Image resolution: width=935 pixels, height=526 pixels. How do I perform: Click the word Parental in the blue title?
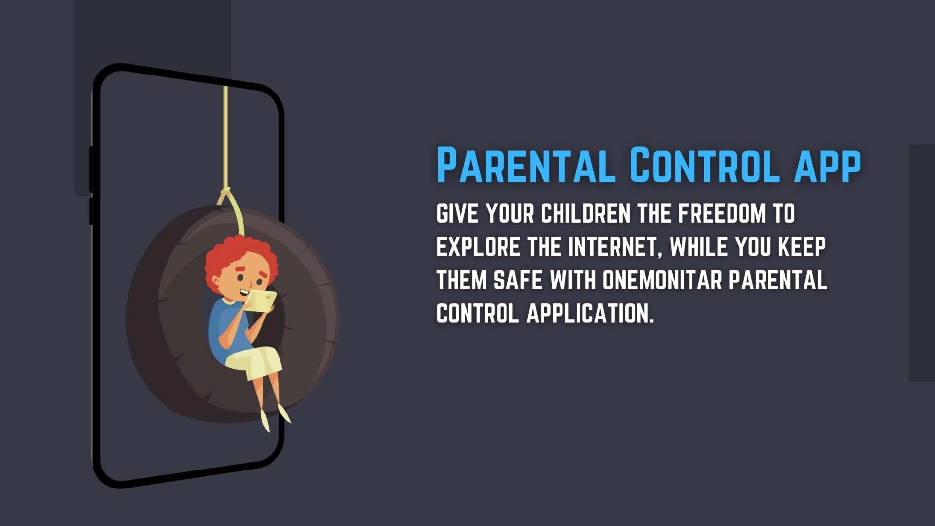(525, 165)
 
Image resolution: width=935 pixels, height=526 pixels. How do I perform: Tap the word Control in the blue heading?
(705, 165)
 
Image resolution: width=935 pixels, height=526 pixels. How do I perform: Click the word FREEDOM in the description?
(722, 214)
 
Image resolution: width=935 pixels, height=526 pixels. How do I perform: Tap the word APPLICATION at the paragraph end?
(590, 314)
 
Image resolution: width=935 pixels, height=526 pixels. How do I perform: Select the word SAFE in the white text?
(518, 280)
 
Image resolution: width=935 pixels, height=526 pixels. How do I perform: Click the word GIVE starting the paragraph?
(457, 214)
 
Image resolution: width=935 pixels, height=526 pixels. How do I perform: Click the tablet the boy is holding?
(262, 301)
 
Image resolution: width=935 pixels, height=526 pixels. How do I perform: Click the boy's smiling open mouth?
(243, 292)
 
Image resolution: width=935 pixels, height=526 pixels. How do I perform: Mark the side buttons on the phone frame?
(91, 185)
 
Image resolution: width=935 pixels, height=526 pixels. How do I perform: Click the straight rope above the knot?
(225, 136)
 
